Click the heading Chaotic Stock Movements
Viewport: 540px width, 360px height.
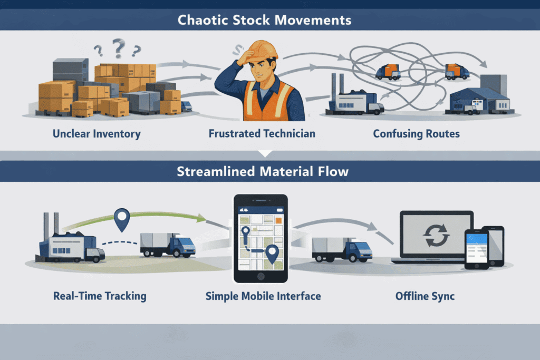pyautogui.click(x=265, y=20)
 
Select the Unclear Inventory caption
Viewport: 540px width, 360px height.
pyautogui.click(x=97, y=133)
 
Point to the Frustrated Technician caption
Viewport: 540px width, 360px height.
pyautogui.click(x=262, y=133)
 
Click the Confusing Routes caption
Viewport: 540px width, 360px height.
pyautogui.click(x=416, y=133)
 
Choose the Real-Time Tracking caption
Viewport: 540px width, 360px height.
pyautogui.click(x=100, y=296)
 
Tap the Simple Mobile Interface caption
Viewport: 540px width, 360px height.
pyautogui.click(x=263, y=296)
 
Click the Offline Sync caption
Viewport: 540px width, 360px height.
pyautogui.click(x=425, y=296)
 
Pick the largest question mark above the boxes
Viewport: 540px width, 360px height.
pyautogui.click(x=119, y=48)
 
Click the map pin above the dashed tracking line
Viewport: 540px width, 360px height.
pyautogui.click(x=122, y=219)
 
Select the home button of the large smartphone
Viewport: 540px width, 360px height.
pyautogui.click(x=261, y=277)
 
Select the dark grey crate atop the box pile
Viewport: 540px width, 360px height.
pyautogui.click(x=70, y=69)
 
